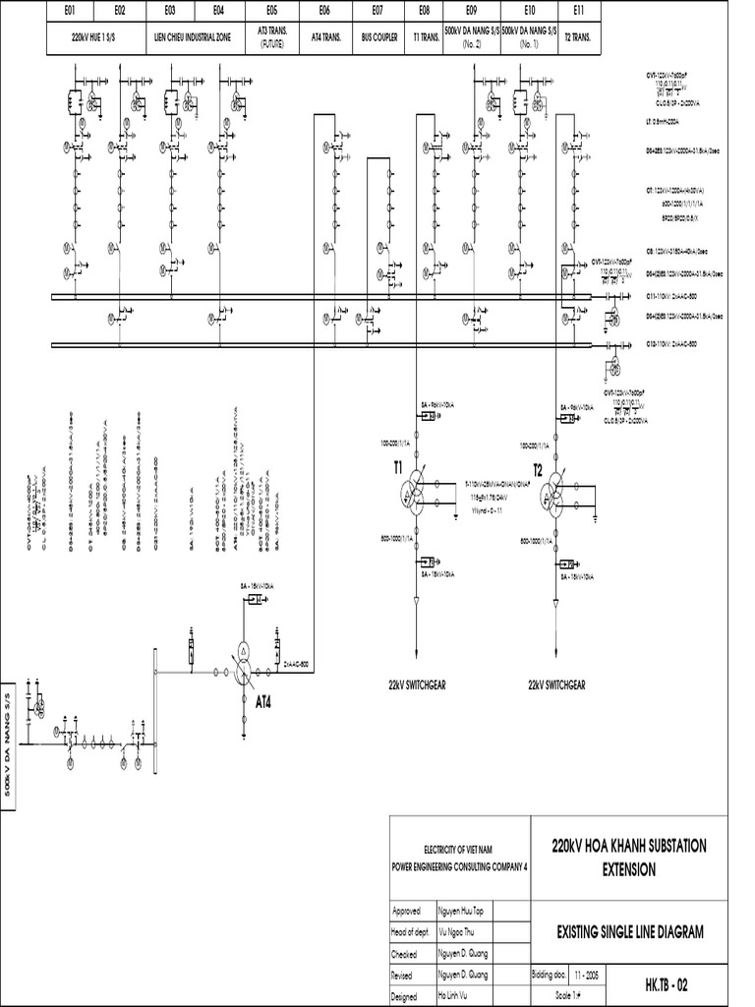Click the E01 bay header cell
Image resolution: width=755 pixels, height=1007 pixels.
tap(70, 11)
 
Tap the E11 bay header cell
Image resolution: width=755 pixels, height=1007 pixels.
tap(579, 11)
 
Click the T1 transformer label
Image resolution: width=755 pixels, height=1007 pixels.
tap(398, 470)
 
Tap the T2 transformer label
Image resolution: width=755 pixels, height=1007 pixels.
tap(537, 470)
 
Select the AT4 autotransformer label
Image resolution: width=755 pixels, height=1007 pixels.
tap(264, 702)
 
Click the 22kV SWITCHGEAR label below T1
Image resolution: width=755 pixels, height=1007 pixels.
tap(417, 685)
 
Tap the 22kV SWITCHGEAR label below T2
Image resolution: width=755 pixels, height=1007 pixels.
tap(556, 685)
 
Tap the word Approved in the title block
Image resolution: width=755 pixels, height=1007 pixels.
tap(408, 911)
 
